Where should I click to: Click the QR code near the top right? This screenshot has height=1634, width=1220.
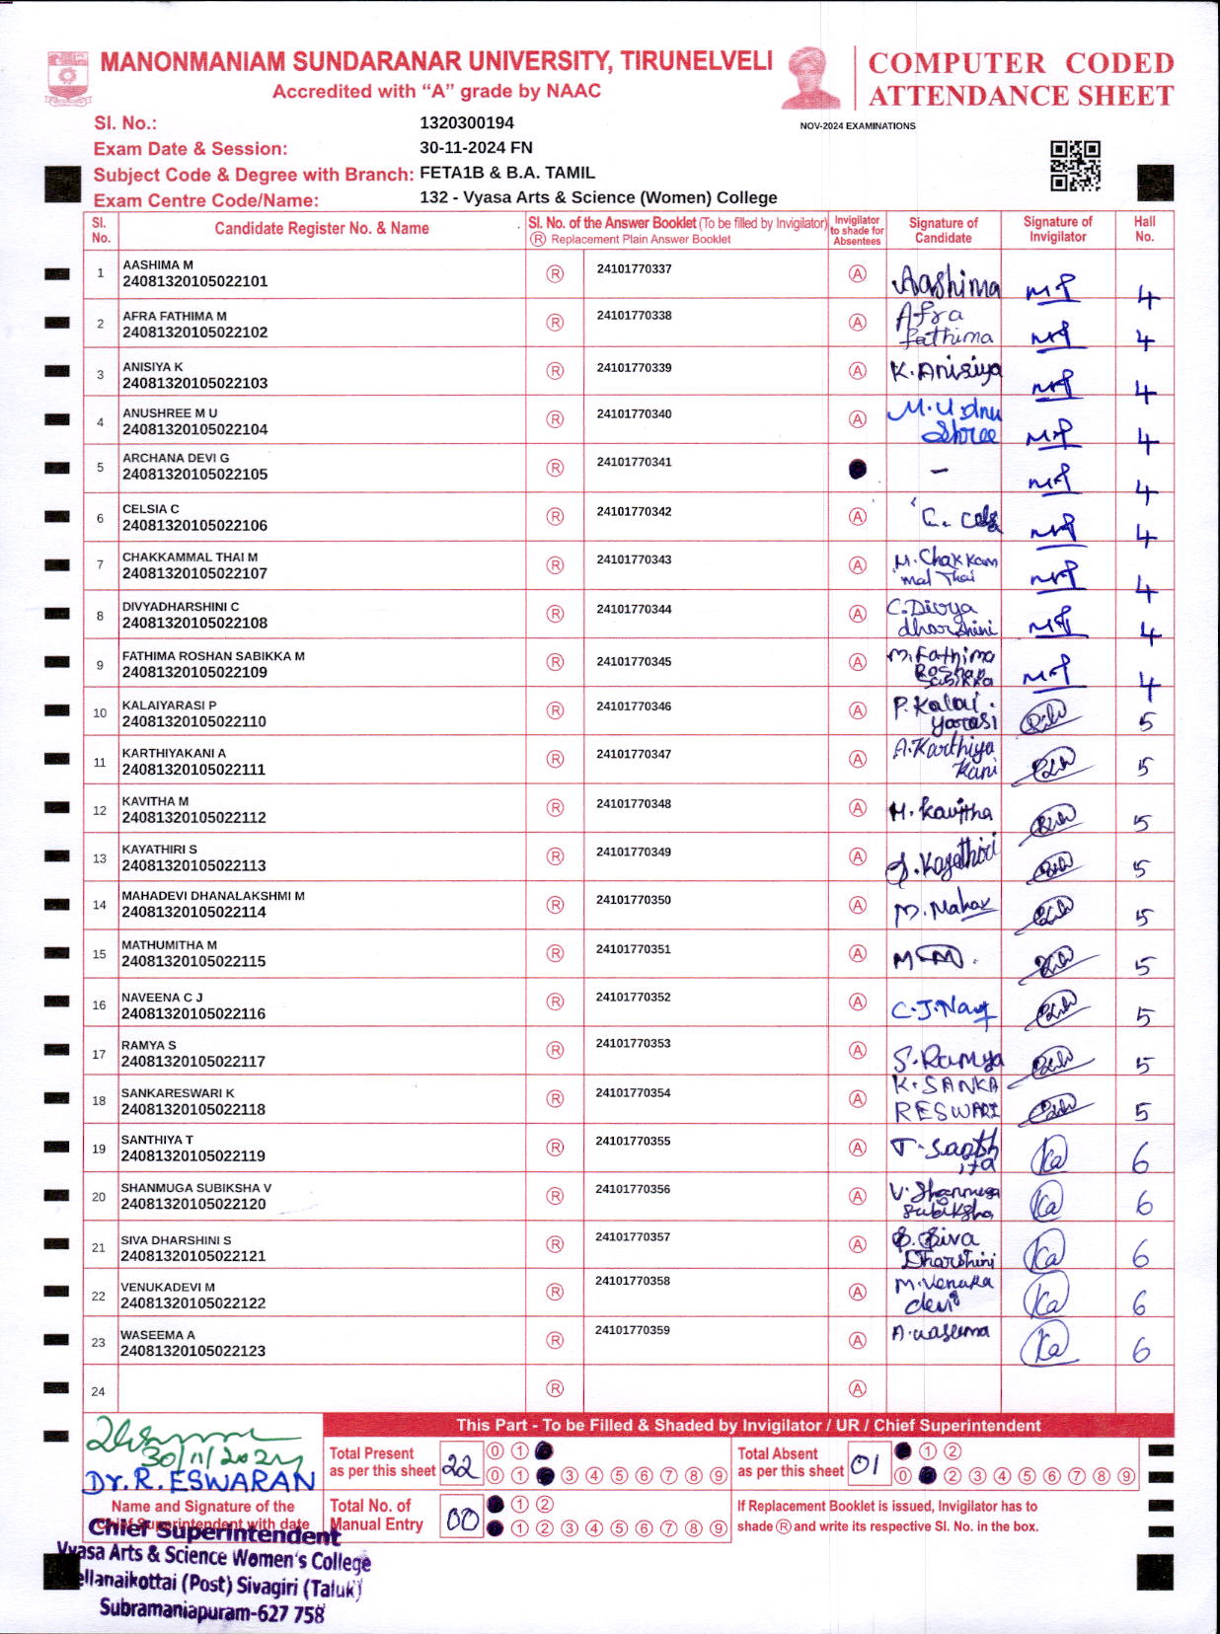pos(1075,165)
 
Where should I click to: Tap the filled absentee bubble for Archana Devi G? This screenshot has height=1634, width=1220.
pos(858,469)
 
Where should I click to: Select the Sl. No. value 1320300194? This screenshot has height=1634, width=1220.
pos(467,122)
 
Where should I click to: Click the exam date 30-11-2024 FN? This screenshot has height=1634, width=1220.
pos(476,148)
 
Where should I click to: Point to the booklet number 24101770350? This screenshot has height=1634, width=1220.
pos(633,900)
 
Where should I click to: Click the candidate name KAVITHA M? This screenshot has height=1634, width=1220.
pos(155,801)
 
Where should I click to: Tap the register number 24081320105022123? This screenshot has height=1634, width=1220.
pos(193,1351)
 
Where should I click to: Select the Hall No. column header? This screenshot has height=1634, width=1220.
pos(1144,229)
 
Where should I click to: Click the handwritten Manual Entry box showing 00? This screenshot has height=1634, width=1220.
pos(461,1519)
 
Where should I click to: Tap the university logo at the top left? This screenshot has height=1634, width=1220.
pos(68,78)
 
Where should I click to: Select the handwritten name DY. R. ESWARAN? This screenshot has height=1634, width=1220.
pos(198,1481)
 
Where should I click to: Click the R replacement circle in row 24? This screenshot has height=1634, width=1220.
pos(555,1388)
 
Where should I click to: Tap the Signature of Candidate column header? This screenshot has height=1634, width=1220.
pos(943,230)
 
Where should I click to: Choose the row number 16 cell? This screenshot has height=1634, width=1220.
pos(100,1004)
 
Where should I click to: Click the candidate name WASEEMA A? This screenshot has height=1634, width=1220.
pos(158,1335)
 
